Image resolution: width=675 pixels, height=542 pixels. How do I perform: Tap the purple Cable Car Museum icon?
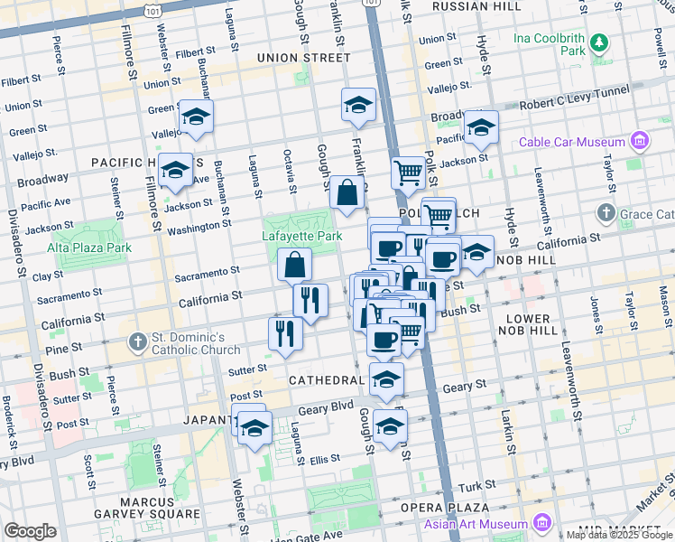[x=640, y=142]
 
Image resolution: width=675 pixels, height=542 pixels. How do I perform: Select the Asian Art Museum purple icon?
[x=541, y=524]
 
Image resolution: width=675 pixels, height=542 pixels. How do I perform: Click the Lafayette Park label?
[x=301, y=236]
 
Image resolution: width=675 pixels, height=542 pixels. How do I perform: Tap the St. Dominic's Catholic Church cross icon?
[x=137, y=341]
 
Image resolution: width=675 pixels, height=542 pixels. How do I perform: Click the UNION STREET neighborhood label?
[x=303, y=58]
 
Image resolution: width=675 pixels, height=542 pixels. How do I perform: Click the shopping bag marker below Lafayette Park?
[x=295, y=266]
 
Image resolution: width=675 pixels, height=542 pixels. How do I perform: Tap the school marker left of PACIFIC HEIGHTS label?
[x=174, y=169]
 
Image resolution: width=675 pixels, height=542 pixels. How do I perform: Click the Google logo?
[x=30, y=531]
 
